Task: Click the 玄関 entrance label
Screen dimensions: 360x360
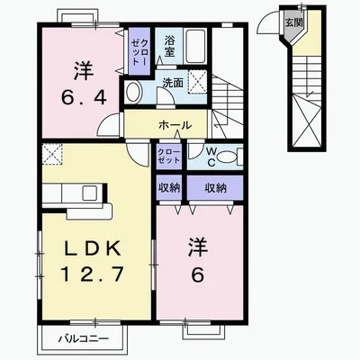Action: [x=293, y=22]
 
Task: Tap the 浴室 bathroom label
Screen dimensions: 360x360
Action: [x=169, y=46]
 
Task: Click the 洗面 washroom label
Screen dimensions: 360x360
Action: [x=173, y=83]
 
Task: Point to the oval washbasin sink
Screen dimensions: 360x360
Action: [x=132, y=92]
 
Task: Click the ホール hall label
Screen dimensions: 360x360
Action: [x=175, y=125]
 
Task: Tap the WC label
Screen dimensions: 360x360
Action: [x=211, y=157]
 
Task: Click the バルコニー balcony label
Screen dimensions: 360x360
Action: [x=84, y=339]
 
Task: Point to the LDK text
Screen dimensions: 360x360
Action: [x=93, y=248]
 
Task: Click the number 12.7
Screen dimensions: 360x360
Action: [x=93, y=274]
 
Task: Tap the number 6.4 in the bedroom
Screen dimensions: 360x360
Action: [x=84, y=97]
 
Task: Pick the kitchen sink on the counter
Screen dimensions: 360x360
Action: [x=90, y=193]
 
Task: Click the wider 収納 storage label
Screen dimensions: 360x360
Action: [x=215, y=188]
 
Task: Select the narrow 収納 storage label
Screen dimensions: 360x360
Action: [x=169, y=188]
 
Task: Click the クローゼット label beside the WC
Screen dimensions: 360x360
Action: [x=169, y=156]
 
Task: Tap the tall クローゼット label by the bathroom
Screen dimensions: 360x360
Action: [x=139, y=52]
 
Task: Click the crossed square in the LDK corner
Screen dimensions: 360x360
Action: [x=52, y=154]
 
